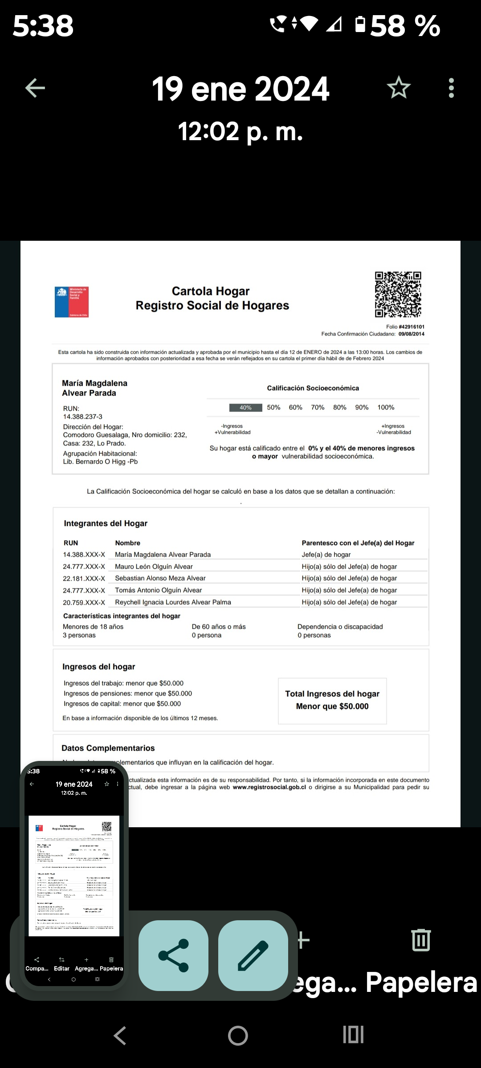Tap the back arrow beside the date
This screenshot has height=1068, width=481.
pyautogui.click(x=35, y=88)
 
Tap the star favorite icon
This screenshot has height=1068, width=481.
pyautogui.click(x=398, y=88)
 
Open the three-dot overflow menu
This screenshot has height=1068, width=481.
pyautogui.click(x=451, y=88)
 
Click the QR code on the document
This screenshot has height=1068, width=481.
pyautogui.click(x=398, y=294)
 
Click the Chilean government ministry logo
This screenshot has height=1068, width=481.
pyautogui.click(x=72, y=302)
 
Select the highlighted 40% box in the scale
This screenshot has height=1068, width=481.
pyautogui.click(x=245, y=408)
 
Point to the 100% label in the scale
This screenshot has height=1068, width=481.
pyautogui.click(x=386, y=408)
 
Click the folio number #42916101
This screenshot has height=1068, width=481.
pyautogui.click(x=412, y=327)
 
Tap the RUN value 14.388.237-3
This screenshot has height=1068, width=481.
pyautogui.click(x=83, y=417)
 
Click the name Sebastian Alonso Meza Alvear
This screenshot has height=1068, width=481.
pyautogui.click(x=160, y=578)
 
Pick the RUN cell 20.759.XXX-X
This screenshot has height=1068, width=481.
pyautogui.click(x=84, y=602)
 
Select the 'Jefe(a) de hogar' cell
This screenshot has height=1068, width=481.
pyautogui.click(x=326, y=554)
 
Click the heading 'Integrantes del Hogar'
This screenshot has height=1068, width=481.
pyautogui.click(x=106, y=523)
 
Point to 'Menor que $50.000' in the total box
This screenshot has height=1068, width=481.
pyautogui.click(x=332, y=706)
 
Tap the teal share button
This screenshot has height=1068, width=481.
pyautogui.click(x=173, y=955)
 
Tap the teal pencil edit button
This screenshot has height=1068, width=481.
pyautogui.click(x=253, y=955)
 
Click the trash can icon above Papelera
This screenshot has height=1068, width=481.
pyautogui.click(x=421, y=940)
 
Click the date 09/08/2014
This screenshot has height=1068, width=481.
pyautogui.click(x=412, y=334)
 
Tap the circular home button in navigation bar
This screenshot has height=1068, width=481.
pyautogui.click(x=238, y=1036)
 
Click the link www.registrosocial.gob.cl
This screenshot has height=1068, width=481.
pyautogui.click(x=269, y=787)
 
